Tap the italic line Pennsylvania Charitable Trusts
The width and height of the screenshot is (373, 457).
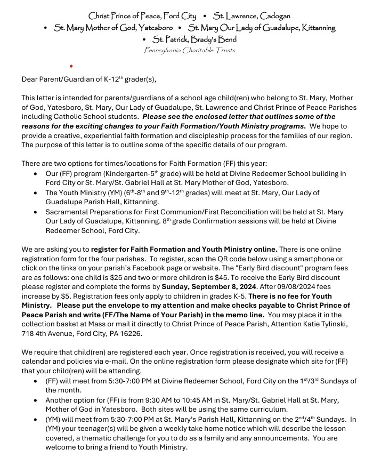[190, 51]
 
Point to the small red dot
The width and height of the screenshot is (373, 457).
[71, 66]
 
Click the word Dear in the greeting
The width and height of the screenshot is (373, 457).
[30, 79]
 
